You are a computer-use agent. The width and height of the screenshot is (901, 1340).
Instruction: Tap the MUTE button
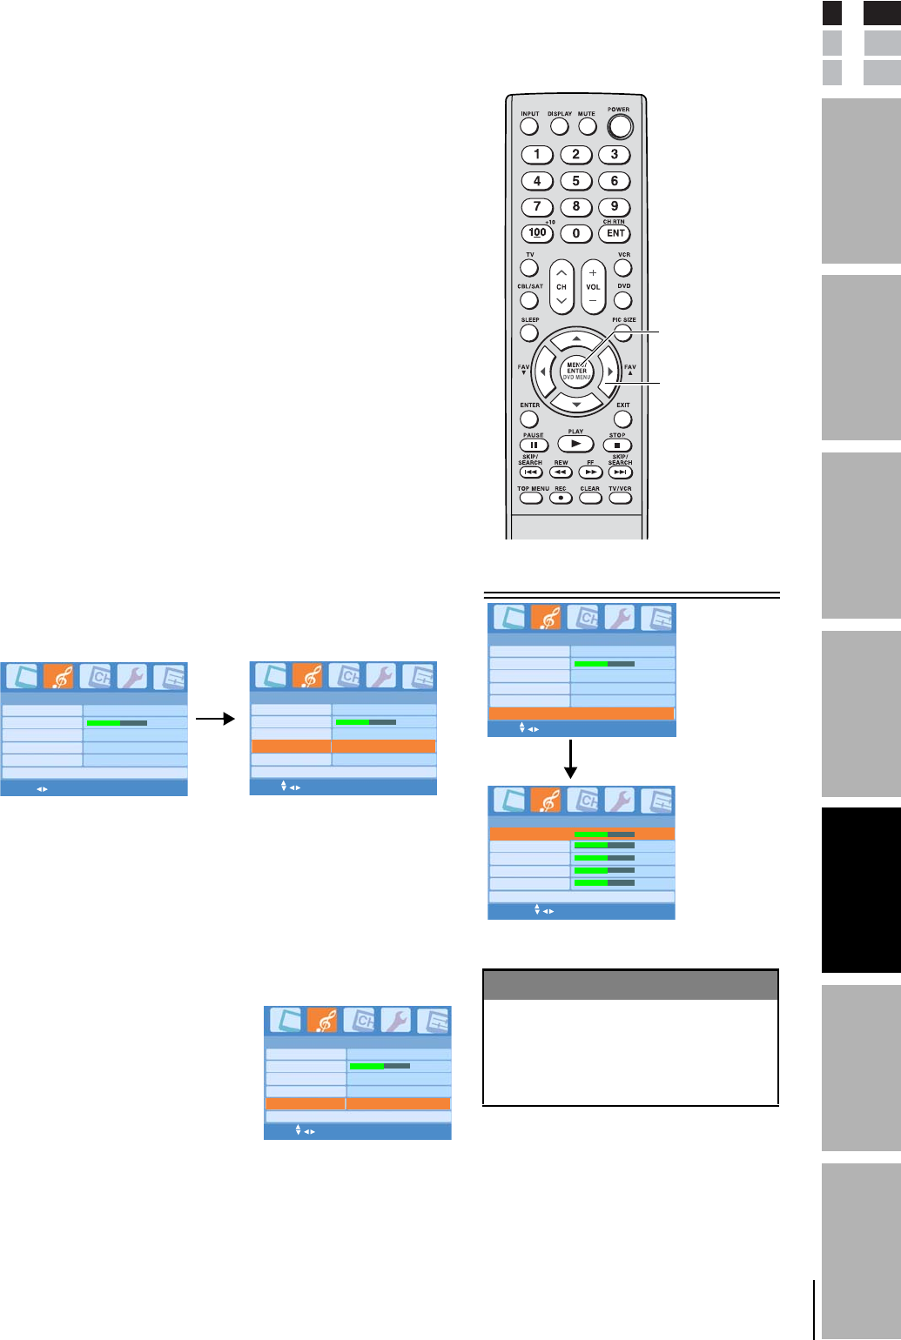click(588, 126)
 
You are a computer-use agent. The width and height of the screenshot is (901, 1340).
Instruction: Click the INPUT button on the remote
click(529, 126)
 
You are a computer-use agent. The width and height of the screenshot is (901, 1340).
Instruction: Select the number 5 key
click(575, 181)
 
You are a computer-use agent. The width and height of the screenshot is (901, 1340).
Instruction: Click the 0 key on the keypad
click(575, 233)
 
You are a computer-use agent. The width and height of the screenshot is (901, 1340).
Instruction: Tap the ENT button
click(615, 233)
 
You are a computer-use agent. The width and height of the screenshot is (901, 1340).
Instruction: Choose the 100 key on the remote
click(537, 233)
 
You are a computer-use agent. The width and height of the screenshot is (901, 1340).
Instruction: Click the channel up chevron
click(561, 272)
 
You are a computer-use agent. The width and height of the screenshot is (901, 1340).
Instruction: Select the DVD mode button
click(622, 300)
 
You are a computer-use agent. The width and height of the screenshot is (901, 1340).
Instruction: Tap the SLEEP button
click(529, 332)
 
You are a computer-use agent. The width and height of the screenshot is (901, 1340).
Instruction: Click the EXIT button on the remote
click(622, 419)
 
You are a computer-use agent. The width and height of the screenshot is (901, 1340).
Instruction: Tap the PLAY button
click(575, 444)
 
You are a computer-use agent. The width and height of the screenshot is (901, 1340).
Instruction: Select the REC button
click(561, 499)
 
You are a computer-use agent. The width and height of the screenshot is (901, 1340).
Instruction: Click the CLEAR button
click(589, 499)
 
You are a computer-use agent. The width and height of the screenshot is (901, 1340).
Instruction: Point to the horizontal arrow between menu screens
click(216, 719)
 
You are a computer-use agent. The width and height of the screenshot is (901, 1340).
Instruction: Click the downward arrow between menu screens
click(571, 760)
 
